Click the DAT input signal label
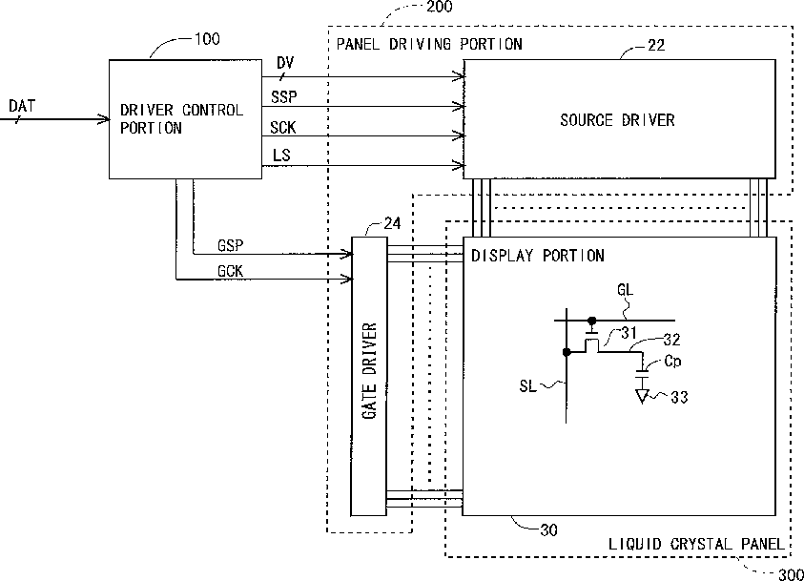pos(22,106)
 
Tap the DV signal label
pos(285,63)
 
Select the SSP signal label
pos(283,96)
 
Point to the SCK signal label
pos(283,127)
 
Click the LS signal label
pos(281,155)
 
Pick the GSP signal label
pos(230,245)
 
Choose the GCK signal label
pos(230,271)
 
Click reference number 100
pos(207,39)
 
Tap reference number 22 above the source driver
pos(656,45)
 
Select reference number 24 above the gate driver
pos(392,223)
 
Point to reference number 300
pos(791,574)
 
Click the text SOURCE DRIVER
pos(617,120)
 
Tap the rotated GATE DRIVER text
pos(369,371)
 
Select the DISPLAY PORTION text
pos(537,256)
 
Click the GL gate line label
pos(625,290)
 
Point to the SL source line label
pos(527,385)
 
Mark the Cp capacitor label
pos(672,361)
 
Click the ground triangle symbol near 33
pos(642,396)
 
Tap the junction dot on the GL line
pos(592,321)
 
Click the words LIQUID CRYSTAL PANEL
pos(696,544)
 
